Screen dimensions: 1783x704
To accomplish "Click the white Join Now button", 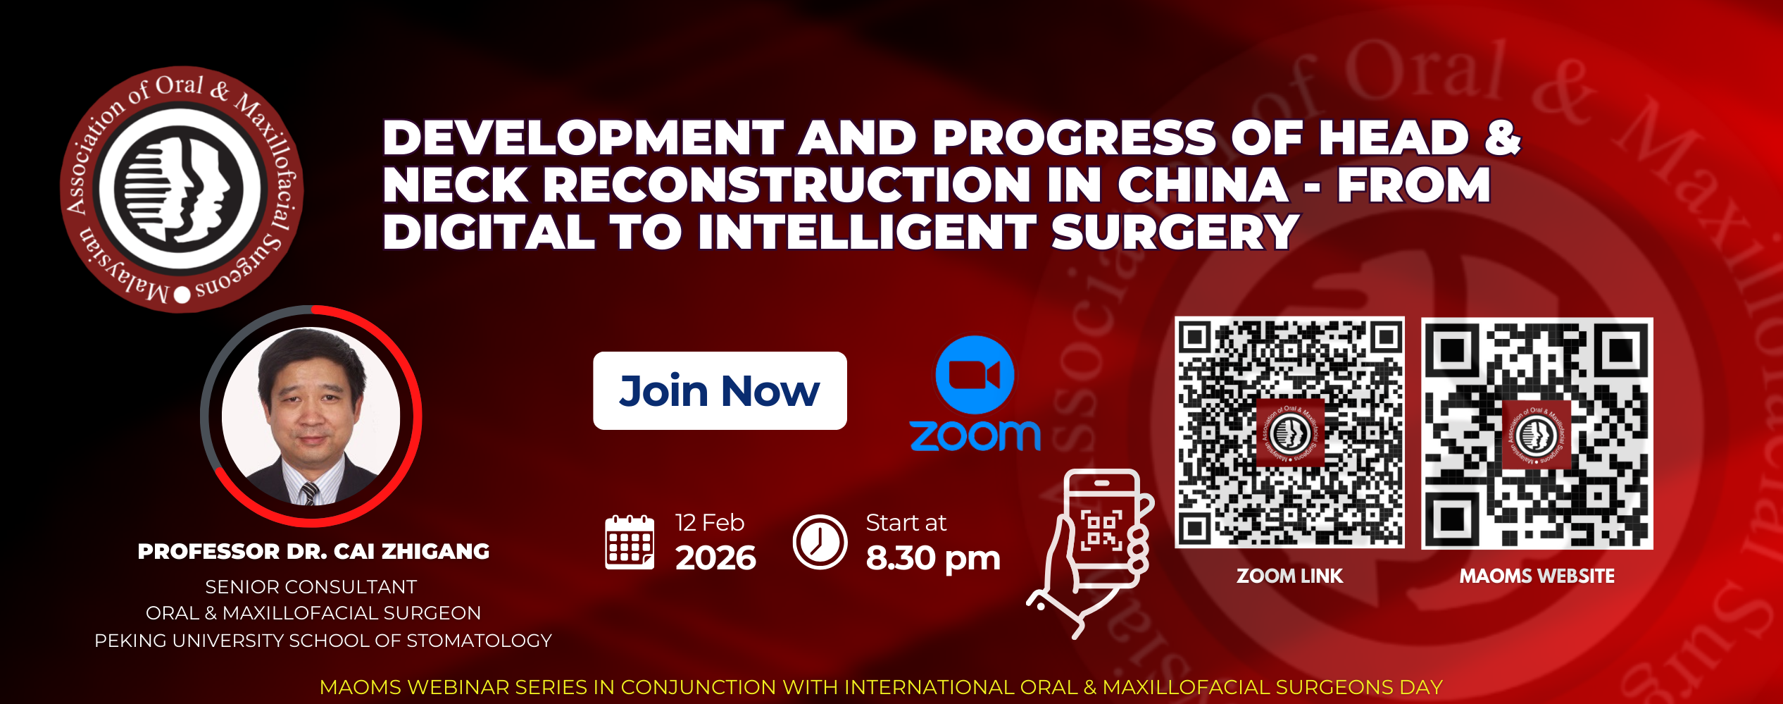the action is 720,390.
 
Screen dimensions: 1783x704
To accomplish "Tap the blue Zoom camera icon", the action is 975,375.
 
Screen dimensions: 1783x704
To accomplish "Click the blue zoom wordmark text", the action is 975,435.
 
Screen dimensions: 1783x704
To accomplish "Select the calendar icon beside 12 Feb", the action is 630,542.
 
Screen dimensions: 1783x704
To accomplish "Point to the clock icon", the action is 820,542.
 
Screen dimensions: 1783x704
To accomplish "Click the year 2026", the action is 715,558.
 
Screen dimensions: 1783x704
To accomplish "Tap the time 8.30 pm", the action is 933,558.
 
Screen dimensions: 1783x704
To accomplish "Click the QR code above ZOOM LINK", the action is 1289,432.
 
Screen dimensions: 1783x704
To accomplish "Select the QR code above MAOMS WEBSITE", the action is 1537,433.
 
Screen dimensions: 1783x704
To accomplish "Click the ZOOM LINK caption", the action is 1289,576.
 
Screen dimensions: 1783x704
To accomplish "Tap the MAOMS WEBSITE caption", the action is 1537,576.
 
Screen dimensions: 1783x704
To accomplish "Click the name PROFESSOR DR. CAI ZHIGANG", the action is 313,551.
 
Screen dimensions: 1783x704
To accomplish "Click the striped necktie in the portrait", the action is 310,493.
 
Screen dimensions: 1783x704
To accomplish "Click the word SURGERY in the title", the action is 1175,232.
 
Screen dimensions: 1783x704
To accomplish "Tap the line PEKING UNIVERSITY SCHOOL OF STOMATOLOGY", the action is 323,641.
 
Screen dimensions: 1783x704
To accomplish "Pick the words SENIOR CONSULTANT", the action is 311,587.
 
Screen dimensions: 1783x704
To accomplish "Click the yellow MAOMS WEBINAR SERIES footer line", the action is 881,687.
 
